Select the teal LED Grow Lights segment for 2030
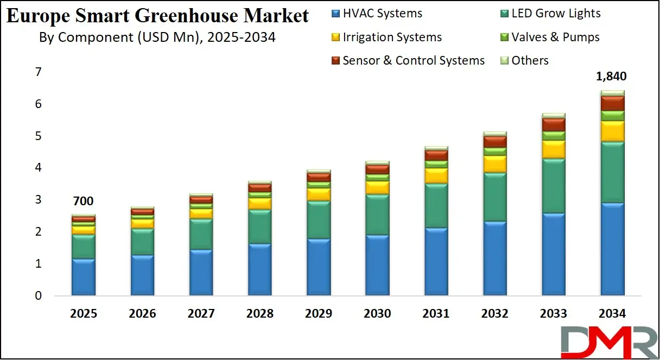point(377,214)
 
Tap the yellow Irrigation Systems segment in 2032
point(494,164)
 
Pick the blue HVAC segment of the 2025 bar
point(84,277)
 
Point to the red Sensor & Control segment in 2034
point(612,103)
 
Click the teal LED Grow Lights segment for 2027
point(201,235)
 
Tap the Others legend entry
point(524,60)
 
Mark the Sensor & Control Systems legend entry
point(407,60)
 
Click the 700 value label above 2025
point(83,201)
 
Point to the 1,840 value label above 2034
point(611,77)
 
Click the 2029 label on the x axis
point(318,314)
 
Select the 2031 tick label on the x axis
point(436,314)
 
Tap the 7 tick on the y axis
point(38,72)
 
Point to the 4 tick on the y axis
point(38,168)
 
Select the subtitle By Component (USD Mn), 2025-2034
point(157,37)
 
